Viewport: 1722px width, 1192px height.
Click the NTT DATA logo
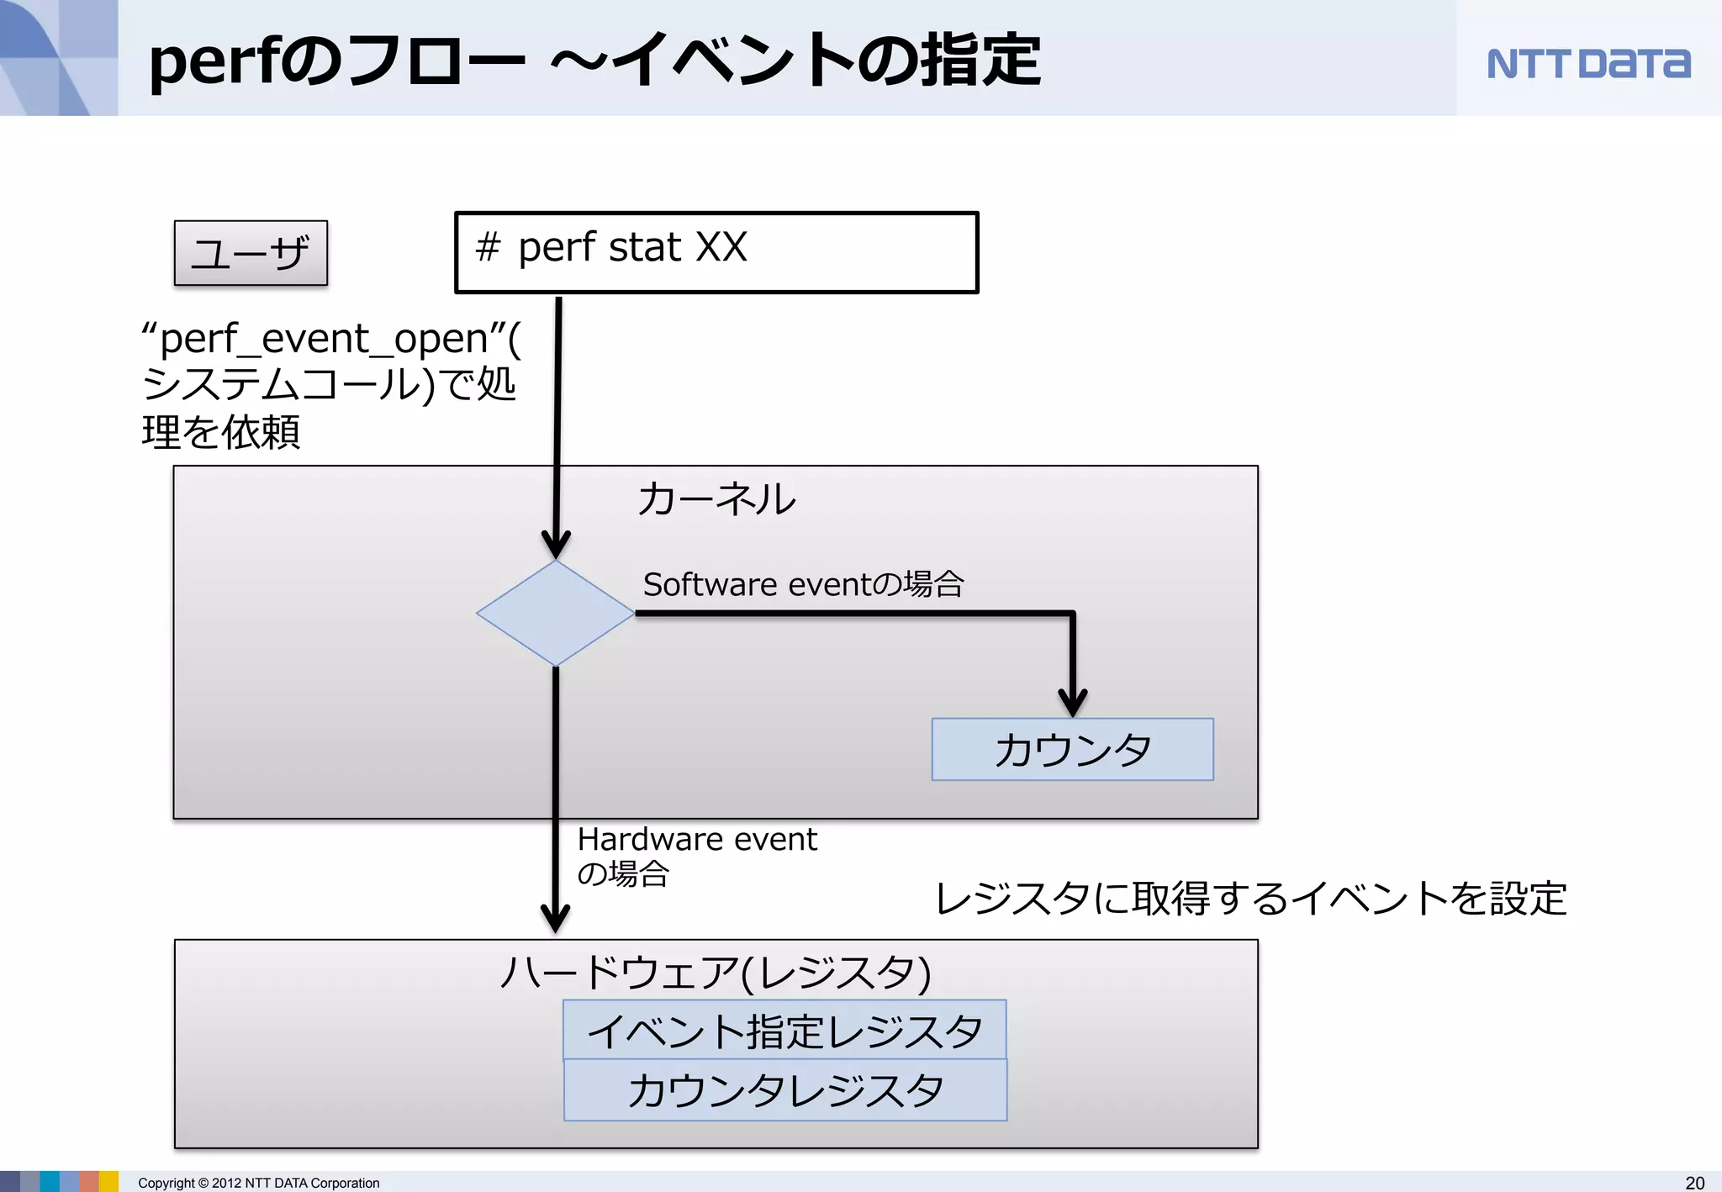pyautogui.click(x=1588, y=64)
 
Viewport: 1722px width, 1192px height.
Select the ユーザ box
pyautogui.click(x=251, y=253)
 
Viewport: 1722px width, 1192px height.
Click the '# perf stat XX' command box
pyautogui.click(x=716, y=252)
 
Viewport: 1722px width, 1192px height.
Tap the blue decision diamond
pyautogui.click(x=556, y=614)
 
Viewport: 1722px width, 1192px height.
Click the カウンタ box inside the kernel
pyautogui.click(x=1072, y=749)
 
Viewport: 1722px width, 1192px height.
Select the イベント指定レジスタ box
pyautogui.click(x=784, y=1031)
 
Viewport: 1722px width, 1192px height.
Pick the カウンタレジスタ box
pyautogui.click(x=785, y=1090)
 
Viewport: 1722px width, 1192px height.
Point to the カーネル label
pyautogui.click(x=716, y=498)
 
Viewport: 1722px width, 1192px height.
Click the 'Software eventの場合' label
pyautogui.click(x=803, y=584)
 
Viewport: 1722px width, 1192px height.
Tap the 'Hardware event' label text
pyautogui.click(x=697, y=839)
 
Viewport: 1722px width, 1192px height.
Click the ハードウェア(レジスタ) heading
pyautogui.click(x=716, y=973)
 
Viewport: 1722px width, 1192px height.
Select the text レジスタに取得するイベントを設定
pyautogui.click(x=1250, y=898)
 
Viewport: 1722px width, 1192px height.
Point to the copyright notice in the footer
pyautogui.click(x=259, y=1183)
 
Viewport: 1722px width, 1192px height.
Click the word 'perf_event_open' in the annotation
pyautogui.click(x=324, y=339)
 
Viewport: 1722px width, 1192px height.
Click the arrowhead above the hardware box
pyautogui.click(x=555, y=919)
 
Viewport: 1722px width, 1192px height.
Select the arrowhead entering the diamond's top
pyautogui.click(x=556, y=545)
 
